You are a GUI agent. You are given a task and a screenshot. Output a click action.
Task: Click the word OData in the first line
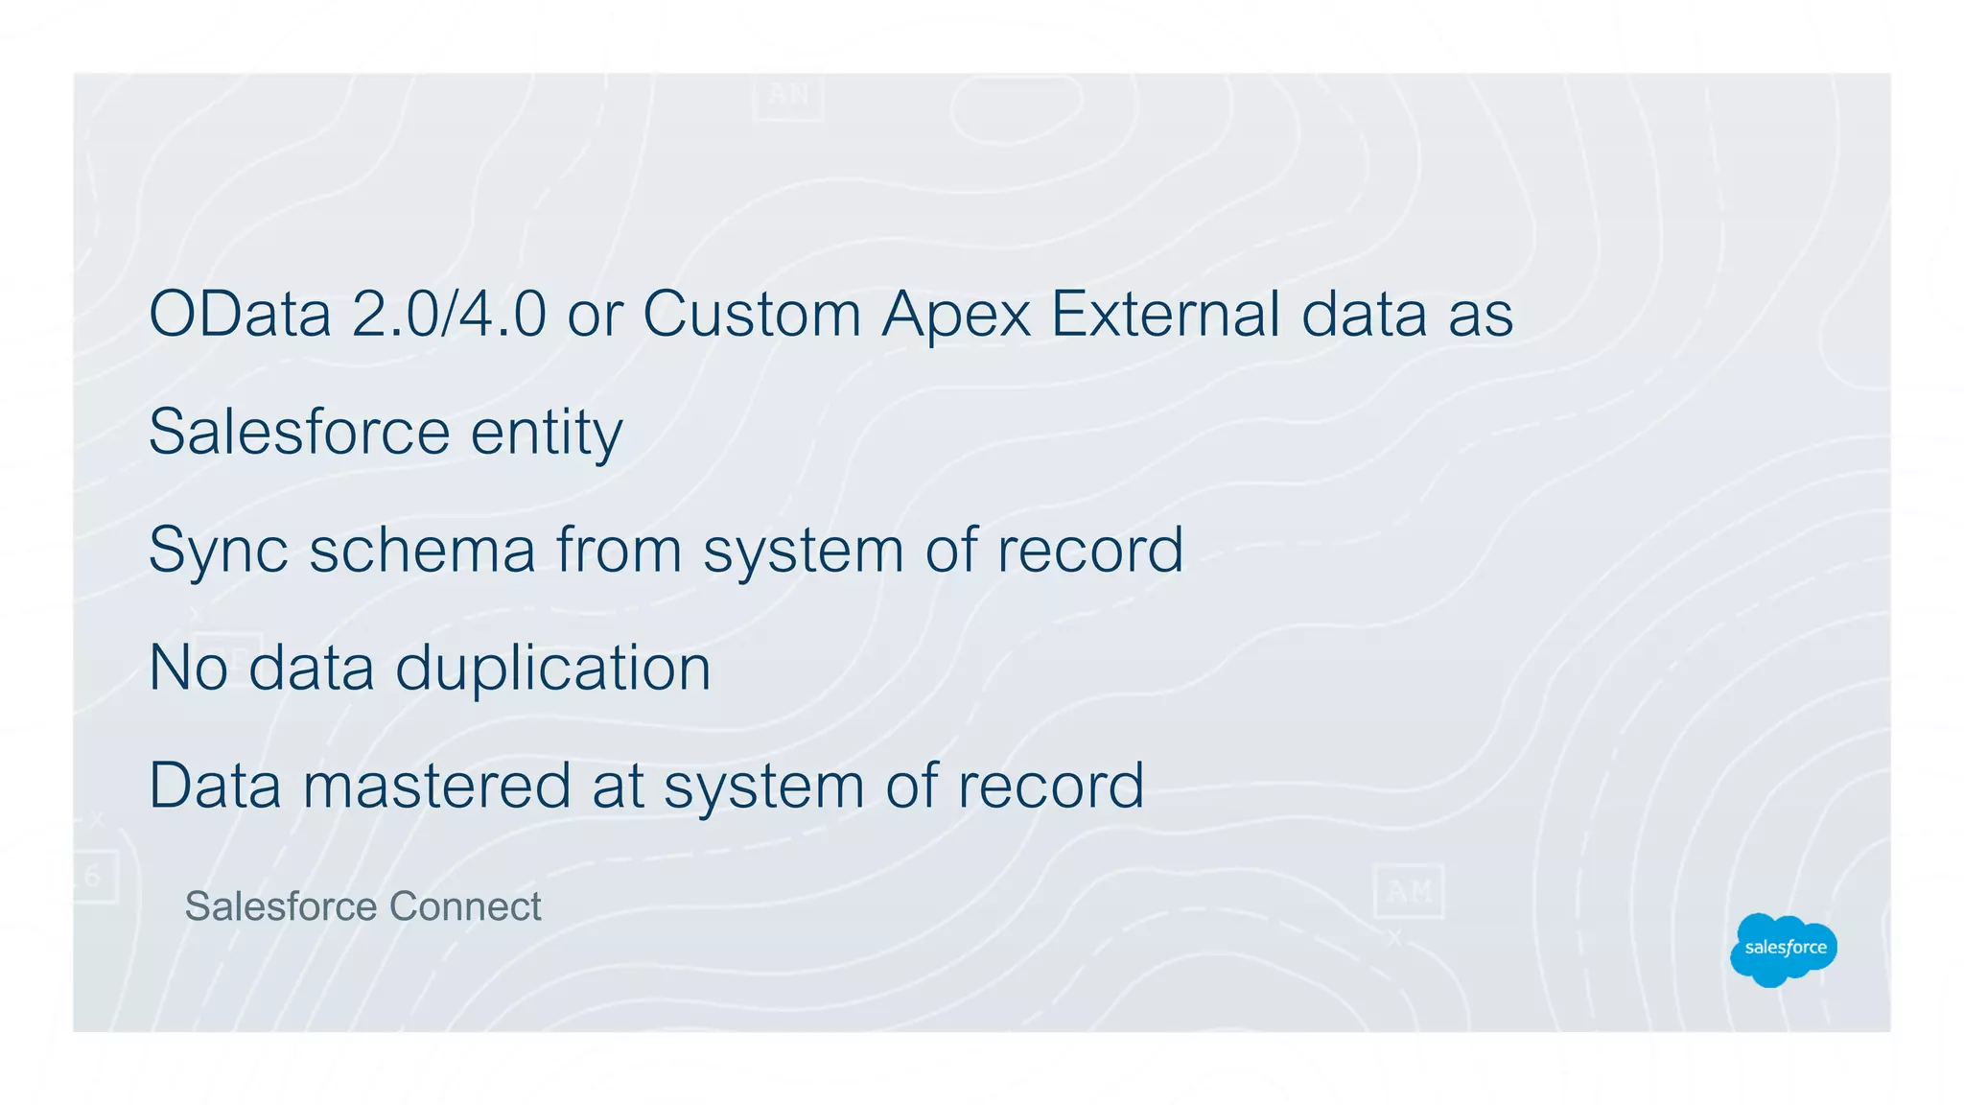click(x=240, y=314)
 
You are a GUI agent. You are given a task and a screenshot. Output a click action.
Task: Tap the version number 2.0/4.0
click(x=449, y=314)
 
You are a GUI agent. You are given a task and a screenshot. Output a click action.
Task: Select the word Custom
click(x=752, y=314)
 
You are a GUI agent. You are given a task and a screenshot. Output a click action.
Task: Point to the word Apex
click(x=956, y=316)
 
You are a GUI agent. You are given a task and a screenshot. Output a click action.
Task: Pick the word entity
click(x=547, y=434)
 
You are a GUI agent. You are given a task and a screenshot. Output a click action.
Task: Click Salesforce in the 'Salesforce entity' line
click(x=299, y=432)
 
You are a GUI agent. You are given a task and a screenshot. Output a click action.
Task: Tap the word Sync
click(x=219, y=552)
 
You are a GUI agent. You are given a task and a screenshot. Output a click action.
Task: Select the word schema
click(x=422, y=550)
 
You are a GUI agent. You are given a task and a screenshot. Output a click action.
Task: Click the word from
click(x=620, y=550)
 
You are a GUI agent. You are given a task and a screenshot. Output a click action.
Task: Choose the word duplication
click(x=553, y=670)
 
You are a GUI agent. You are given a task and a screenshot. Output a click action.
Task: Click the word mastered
click(x=436, y=786)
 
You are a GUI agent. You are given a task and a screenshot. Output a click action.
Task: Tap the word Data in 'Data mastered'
click(x=215, y=786)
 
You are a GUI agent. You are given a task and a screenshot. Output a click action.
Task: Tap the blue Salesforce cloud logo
click(x=1784, y=949)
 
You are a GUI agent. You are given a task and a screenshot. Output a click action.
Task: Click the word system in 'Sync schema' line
click(x=804, y=552)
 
